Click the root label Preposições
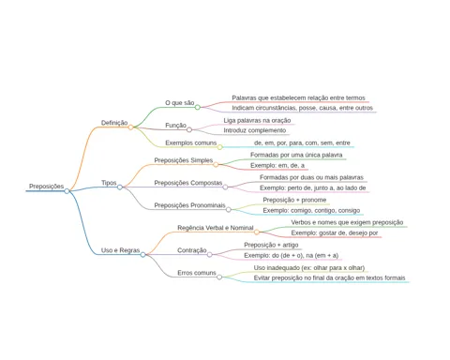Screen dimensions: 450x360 46,187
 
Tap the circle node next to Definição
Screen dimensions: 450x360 131,127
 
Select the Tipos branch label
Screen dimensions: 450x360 109,183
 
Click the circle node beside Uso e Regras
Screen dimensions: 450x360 142,255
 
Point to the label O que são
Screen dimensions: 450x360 180,103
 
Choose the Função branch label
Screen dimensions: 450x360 175,126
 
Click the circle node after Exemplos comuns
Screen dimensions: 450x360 220,147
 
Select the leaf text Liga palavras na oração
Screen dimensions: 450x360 257,120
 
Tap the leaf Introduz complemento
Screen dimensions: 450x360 255,130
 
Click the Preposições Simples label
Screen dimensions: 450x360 184,160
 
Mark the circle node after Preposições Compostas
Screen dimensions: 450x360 225,187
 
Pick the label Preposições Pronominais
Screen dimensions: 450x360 189,205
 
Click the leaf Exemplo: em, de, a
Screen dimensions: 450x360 277,165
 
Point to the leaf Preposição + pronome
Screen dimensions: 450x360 294,200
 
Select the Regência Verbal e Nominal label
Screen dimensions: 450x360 216,228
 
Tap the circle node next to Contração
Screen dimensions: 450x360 210,255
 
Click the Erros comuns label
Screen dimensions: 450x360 197,273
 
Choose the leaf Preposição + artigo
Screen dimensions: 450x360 271,245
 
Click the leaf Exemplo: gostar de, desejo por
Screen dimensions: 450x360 335,232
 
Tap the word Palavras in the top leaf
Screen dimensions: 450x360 244,97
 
